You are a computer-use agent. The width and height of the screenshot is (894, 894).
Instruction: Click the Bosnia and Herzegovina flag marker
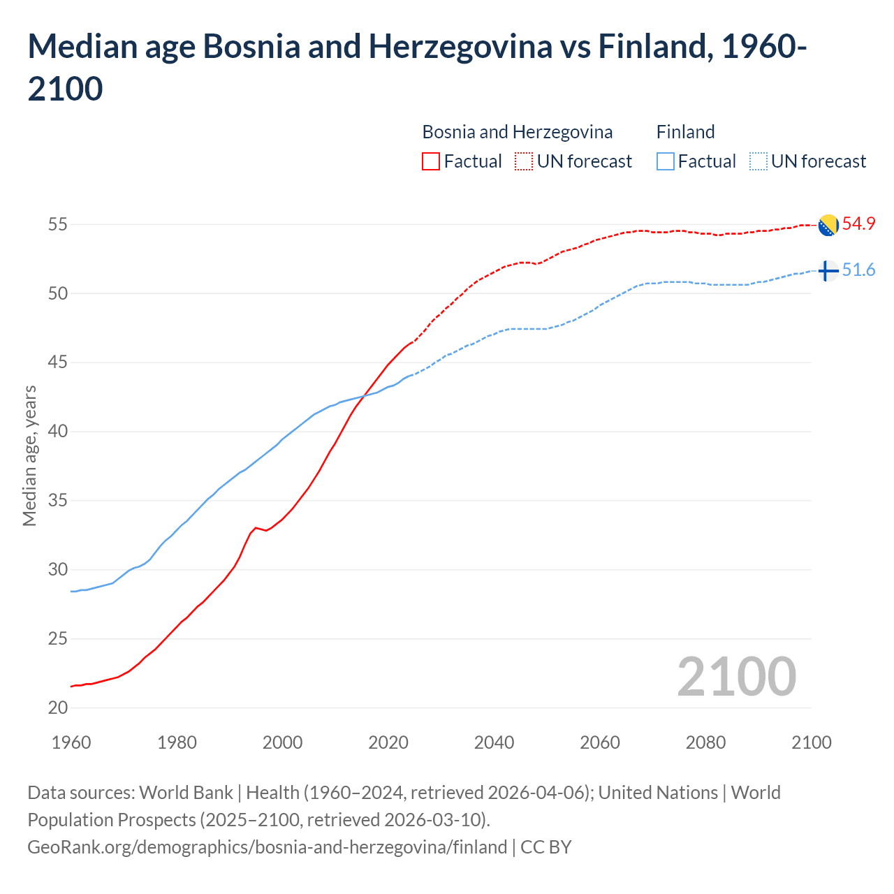click(828, 225)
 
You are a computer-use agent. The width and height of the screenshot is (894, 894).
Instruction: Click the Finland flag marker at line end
click(828, 270)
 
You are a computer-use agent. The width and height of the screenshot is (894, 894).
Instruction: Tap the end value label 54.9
click(858, 224)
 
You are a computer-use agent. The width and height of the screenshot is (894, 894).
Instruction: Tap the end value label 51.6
click(858, 270)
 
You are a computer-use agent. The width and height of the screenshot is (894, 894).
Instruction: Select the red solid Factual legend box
click(431, 161)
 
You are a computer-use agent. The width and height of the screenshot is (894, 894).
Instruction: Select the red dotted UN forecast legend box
click(524, 161)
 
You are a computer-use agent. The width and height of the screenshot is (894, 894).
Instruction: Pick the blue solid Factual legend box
click(666, 161)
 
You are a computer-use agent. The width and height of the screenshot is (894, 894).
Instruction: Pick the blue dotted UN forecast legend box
click(758, 161)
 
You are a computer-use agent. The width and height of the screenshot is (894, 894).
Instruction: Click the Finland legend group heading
click(685, 132)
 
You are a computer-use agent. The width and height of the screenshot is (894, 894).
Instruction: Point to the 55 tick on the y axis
click(58, 225)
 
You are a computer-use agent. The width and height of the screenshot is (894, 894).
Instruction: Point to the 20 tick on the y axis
click(58, 708)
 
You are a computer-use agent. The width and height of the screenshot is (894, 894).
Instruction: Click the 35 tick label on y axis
click(58, 501)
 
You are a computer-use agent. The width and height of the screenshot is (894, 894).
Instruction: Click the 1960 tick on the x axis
click(71, 742)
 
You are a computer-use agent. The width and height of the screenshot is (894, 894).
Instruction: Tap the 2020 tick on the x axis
click(388, 742)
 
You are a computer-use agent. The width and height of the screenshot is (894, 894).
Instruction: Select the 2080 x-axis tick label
click(705, 742)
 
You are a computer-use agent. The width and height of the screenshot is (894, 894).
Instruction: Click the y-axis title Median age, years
click(29, 455)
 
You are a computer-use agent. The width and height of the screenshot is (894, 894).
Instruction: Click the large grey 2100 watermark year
click(736, 676)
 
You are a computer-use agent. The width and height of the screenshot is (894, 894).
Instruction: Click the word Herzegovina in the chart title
click(460, 47)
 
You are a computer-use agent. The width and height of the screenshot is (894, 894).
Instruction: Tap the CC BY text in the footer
click(546, 847)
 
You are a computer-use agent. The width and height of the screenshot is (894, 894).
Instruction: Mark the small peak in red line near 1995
click(256, 527)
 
